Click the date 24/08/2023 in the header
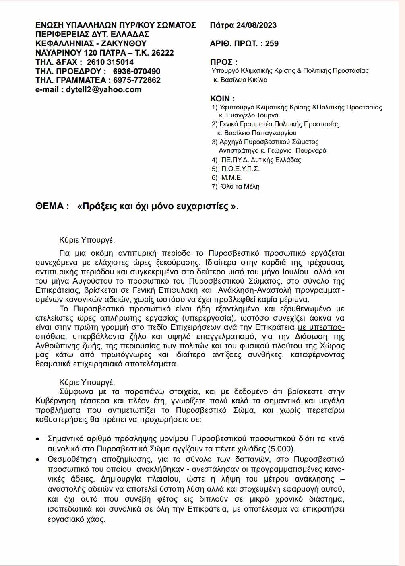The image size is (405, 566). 256,25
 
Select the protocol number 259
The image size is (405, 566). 272,43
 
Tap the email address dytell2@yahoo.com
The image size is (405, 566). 103,89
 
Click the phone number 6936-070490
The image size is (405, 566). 136,71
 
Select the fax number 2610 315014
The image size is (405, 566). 110,62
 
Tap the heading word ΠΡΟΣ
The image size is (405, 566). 221,62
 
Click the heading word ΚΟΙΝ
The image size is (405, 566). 220,99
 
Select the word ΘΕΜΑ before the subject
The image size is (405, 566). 50,206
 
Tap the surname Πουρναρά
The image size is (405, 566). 311,150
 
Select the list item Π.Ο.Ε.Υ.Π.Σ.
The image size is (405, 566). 240,169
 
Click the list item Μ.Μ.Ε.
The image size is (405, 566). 232,177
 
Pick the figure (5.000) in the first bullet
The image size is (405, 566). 281,449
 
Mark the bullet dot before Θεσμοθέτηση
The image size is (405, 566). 38,459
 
